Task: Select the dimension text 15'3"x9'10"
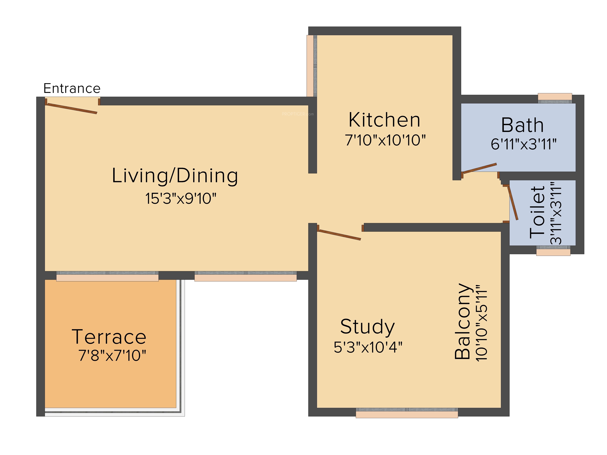click(x=181, y=199)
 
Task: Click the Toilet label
click(x=537, y=212)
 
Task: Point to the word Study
click(x=367, y=327)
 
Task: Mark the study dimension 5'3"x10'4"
click(x=368, y=347)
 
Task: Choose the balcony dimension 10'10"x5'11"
click(x=482, y=323)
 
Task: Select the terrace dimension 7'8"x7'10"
click(x=112, y=356)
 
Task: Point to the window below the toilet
click(x=553, y=251)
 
